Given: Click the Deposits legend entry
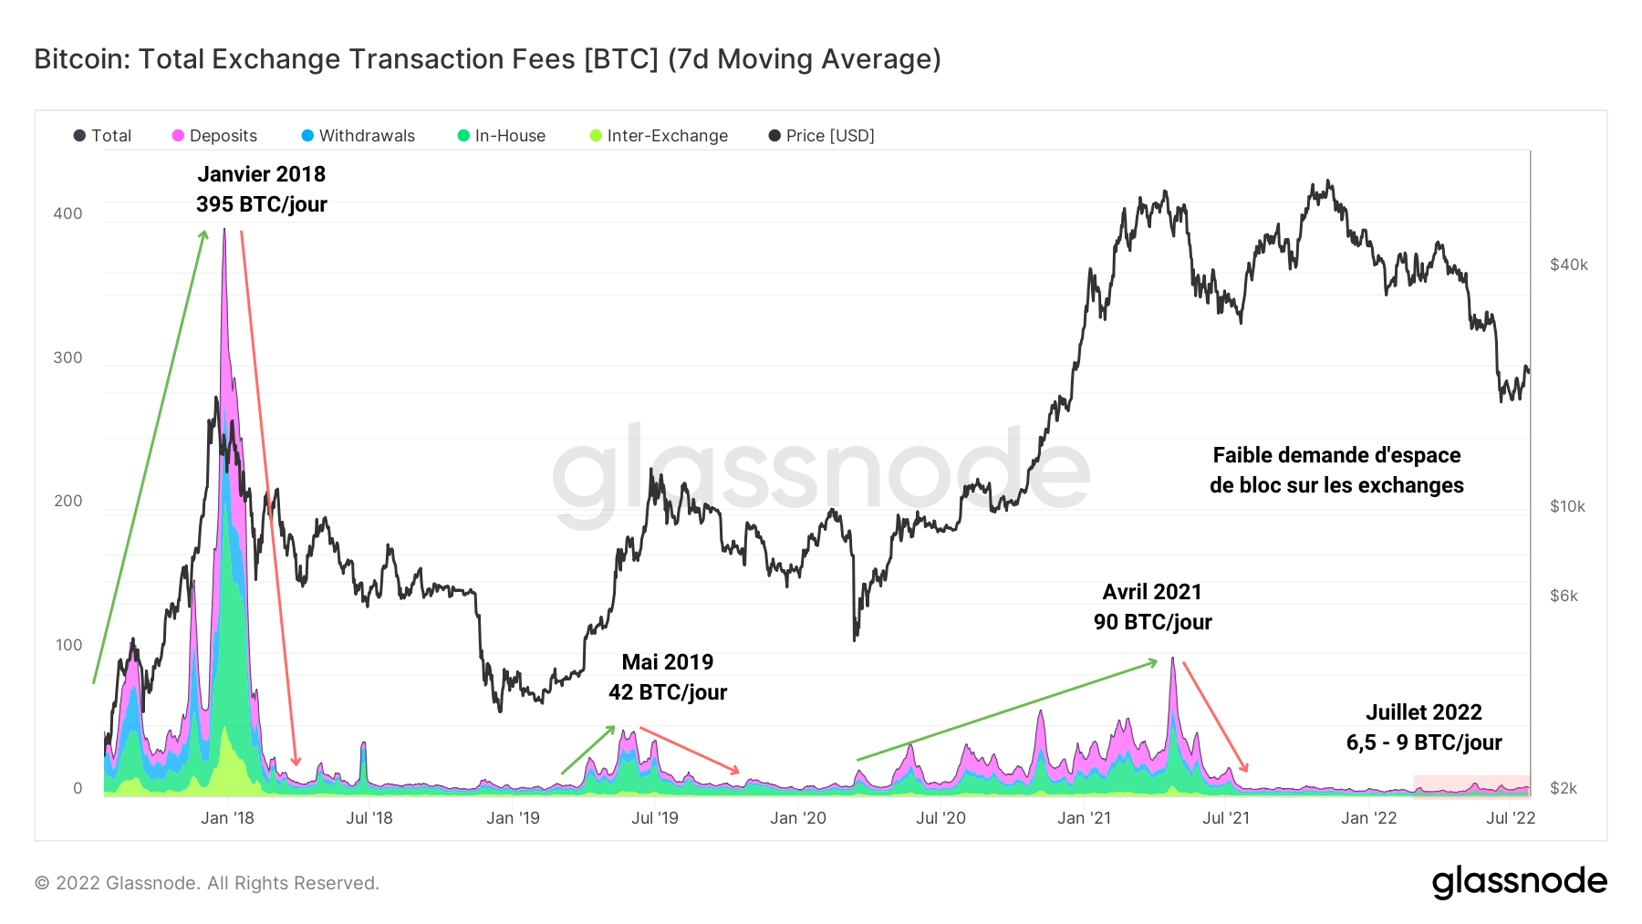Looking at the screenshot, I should click(x=214, y=136).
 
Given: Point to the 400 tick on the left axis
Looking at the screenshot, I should click(x=68, y=213).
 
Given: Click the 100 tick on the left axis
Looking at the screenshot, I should click(x=68, y=645).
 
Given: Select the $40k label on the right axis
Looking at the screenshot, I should click(x=1568, y=265).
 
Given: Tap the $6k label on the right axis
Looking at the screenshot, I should click(x=1564, y=596).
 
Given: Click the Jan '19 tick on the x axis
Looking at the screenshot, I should click(x=513, y=818).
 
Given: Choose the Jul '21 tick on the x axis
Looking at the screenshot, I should click(x=1225, y=818).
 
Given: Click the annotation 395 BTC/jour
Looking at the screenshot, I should click(x=262, y=204).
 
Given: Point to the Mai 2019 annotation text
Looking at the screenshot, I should click(x=668, y=662).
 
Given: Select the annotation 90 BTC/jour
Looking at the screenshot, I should click(x=1152, y=622).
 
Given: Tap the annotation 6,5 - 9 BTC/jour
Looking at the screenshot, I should click(x=1423, y=742).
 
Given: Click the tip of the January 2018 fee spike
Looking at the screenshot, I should click(x=224, y=231).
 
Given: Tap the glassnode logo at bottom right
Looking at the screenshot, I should click(x=1519, y=882).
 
